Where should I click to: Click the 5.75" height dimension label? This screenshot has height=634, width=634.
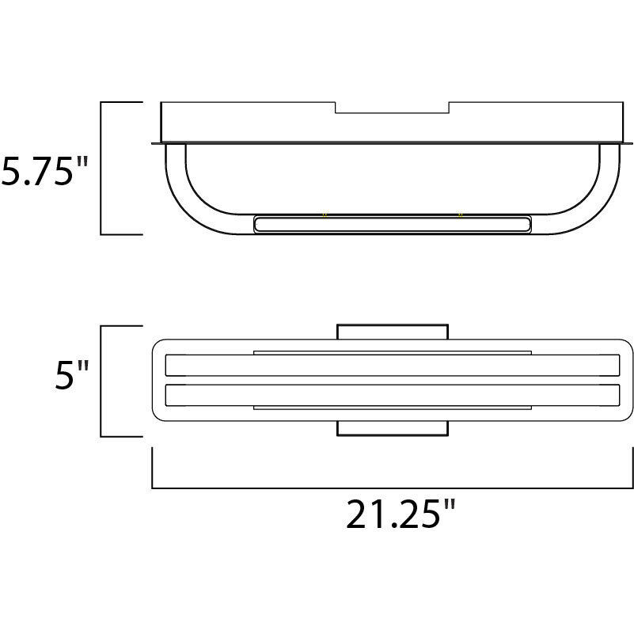tap(44, 170)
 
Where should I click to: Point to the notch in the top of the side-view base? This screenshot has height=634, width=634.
tap(392, 108)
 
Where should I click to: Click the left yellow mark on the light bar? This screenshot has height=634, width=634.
tap(324, 214)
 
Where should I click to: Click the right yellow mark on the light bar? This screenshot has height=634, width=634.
tap(460, 214)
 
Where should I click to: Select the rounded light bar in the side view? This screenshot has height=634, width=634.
tap(392, 224)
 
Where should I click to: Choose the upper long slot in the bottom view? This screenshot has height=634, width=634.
tap(392, 366)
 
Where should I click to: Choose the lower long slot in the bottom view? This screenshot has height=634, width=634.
tap(392, 394)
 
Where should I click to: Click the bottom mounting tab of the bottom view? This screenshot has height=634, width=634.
tap(392, 428)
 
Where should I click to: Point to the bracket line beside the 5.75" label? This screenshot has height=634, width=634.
tap(101, 168)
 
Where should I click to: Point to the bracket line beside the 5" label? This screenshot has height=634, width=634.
tap(101, 381)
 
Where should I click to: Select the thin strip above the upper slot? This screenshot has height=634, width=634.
tap(392, 351)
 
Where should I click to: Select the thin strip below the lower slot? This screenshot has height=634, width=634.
tap(392, 408)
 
